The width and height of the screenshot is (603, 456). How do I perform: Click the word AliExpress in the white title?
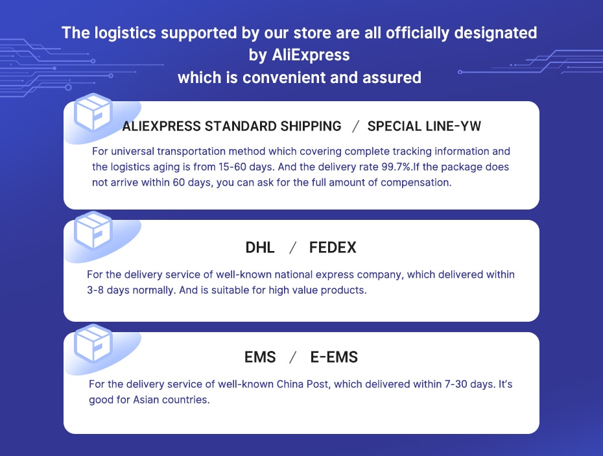point(311,55)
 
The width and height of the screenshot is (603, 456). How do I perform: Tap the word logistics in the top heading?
point(125,33)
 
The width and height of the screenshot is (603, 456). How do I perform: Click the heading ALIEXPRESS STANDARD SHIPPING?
point(231,126)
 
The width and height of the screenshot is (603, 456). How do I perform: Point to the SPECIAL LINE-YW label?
point(424,126)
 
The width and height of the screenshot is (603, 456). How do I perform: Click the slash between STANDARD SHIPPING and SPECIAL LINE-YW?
point(356,126)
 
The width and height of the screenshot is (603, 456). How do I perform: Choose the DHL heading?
point(260,247)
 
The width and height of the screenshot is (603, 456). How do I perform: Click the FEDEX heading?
point(333,247)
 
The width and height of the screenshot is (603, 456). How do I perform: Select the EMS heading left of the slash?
point(260,357)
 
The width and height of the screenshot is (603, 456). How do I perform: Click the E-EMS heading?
point(334,357)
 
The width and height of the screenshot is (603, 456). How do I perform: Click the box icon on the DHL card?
point(93,230)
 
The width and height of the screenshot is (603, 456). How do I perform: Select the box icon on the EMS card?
point(93,343)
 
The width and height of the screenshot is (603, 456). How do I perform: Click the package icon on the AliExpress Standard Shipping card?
point(93,112)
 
